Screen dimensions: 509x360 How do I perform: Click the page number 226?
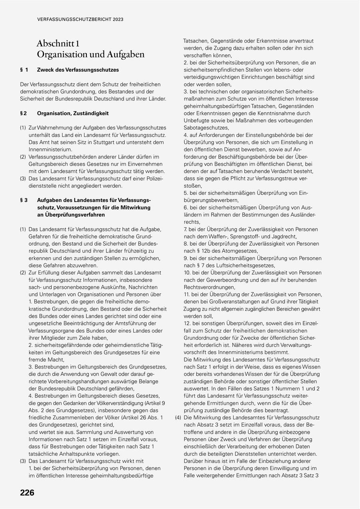click(x=27, y=493)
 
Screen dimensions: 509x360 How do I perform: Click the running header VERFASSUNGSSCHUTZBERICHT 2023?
click(x=80, y=19)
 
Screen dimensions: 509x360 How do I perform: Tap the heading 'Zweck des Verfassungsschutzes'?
click(x=78, y=70)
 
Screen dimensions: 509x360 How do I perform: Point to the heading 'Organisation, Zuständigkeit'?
click(x=73, y=113)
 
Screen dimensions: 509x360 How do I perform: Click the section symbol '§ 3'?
click(x=24, y=200)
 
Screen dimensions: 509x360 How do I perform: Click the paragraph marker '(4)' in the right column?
click(x=178, y=417)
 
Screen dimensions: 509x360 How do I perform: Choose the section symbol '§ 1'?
click(x=24, y=70)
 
